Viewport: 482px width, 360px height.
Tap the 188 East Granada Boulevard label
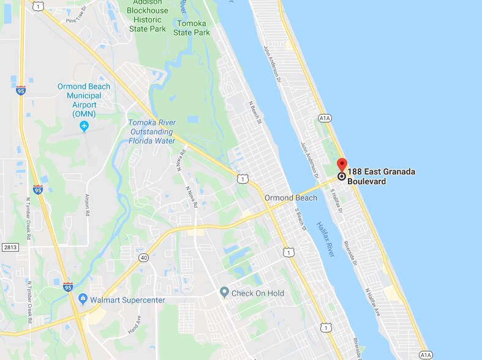point(381,176)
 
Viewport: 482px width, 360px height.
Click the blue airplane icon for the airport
point(85,126)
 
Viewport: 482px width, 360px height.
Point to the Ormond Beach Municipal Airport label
point(84,100)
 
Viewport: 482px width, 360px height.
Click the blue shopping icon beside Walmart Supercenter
point(82,299)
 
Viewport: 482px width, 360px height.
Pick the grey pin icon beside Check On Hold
point(224,293)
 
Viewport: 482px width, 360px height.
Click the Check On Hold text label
point(257,293)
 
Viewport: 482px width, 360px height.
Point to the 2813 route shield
point(10,247)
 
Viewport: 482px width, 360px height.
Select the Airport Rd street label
point(87,206)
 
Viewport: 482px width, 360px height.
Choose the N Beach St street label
point(255,113)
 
